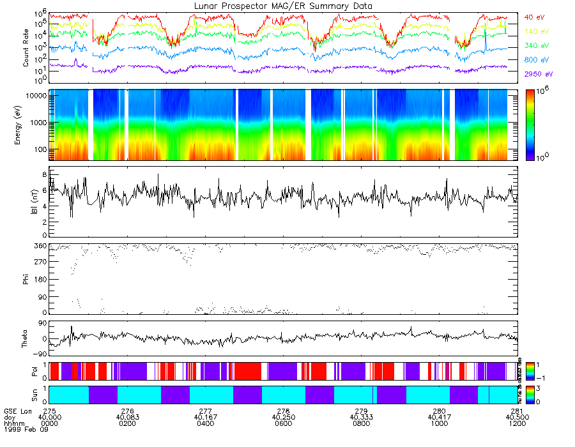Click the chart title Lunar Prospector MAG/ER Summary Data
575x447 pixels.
(283, 6)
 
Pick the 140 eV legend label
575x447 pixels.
(537, 31)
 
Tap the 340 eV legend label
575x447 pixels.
(537, 45)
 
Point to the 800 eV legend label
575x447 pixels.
(537, 59)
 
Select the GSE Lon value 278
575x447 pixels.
(284, 412)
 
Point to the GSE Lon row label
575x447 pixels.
(17, 412)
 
